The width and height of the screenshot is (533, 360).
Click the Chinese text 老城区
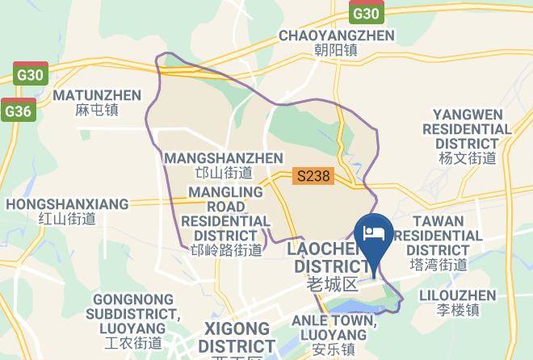[x=332, y=284]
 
